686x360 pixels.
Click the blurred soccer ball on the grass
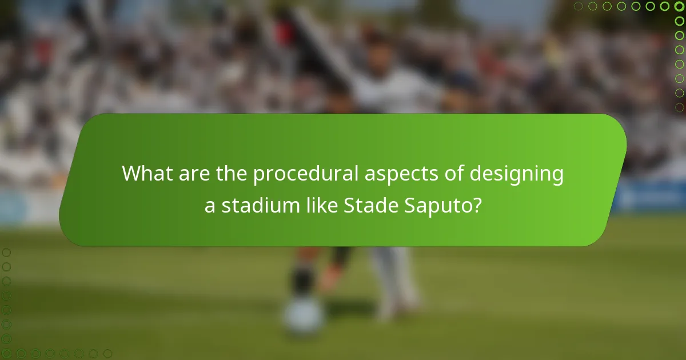pyautogui.click(x=303, y=317)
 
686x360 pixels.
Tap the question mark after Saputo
pyautogui.click(x=476, y=205)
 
